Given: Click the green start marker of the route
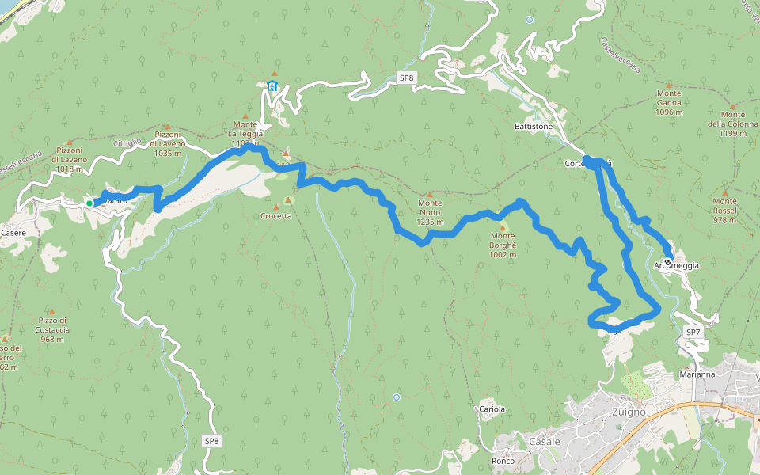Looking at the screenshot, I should [x=89, y=203].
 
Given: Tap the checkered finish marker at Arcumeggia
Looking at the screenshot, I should [x=667, y=262].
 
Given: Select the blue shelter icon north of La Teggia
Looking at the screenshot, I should [x=272, y=86].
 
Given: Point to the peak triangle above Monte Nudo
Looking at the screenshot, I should [x=430, y=194].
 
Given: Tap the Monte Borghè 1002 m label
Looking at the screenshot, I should [x=502, y=245].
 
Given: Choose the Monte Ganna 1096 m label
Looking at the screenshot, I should [x=669, y=102].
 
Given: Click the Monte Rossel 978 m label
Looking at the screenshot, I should [x=724, y=211].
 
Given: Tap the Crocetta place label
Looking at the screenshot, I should [x=275, y=216].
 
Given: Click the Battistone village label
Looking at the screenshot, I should [x=534, y=126].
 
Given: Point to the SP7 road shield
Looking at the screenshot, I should [x=693, y=332].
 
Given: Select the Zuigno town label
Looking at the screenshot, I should [x=629, y=412].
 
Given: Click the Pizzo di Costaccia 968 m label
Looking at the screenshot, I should [x=53, y=329].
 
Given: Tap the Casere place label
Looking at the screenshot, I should [x=13, y=233].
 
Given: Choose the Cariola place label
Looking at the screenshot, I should [x=492, y=409].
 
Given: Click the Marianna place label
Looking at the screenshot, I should [x=697, y=374].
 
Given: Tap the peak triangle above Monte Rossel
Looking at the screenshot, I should [x=724, y=191].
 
